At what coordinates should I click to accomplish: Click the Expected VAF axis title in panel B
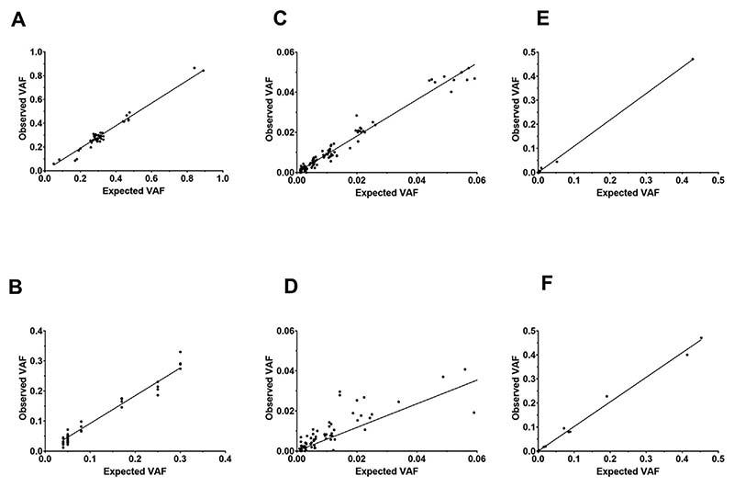click(135, 472)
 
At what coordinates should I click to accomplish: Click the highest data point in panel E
click(693, 59)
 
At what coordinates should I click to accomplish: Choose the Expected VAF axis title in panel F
click(628, 472)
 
